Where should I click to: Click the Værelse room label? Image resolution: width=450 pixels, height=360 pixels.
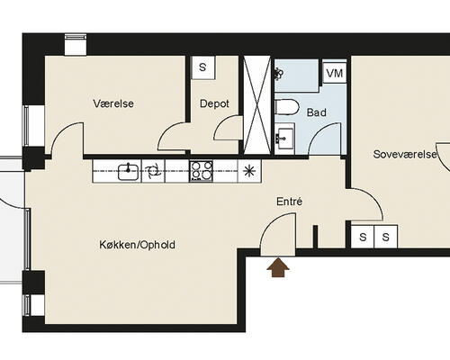[113, 103]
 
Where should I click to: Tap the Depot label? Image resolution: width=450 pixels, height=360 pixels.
[214, 103]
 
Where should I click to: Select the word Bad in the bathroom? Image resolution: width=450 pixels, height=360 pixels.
[317, 112]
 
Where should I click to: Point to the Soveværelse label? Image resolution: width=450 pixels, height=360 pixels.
[405, 154]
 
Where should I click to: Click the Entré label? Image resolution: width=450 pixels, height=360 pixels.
[289, 202]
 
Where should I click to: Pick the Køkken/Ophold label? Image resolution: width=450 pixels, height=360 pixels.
[137, 245]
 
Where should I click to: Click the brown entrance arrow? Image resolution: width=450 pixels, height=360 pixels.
[278, 267]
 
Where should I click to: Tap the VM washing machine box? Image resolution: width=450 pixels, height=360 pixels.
[335, 73]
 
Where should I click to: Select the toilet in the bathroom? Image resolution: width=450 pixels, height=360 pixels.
[287, 107]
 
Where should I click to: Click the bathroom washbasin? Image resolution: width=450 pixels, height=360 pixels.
[284, 139]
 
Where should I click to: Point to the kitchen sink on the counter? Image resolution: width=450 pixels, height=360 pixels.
[129, 172]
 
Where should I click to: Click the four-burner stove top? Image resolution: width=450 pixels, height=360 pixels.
[201, 171]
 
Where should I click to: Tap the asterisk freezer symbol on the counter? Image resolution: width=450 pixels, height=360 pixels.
[249, 171]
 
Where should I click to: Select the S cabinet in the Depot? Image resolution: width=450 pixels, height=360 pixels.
[203, 67]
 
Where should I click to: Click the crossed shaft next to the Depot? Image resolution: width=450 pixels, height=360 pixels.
[257, 105]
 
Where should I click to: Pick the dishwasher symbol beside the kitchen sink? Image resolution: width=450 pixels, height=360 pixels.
[153, 171]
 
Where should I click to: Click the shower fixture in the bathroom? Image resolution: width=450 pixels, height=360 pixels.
[279, 74]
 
